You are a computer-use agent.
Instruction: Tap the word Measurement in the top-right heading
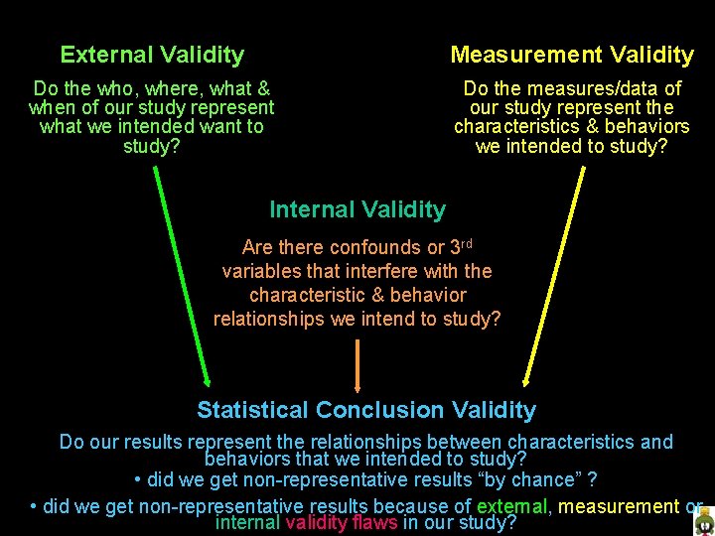[x=514, y=56]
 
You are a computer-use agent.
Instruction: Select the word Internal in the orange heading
[x=311, y=209]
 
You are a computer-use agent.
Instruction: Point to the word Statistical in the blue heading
[x=252, y=410]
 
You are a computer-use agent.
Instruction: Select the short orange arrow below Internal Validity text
[x=357, y=363]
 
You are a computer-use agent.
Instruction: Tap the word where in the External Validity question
[x=166, y=89]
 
